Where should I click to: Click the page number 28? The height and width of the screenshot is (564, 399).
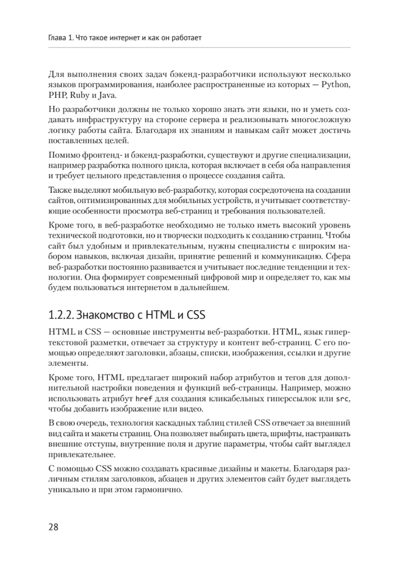coord(53,527)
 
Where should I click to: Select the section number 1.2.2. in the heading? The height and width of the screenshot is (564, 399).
coord(60,315)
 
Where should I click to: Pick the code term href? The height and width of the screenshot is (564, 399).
coord(142,398)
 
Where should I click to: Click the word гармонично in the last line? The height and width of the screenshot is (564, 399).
coord(162,489)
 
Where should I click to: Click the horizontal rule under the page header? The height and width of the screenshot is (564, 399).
coord(199,47)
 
